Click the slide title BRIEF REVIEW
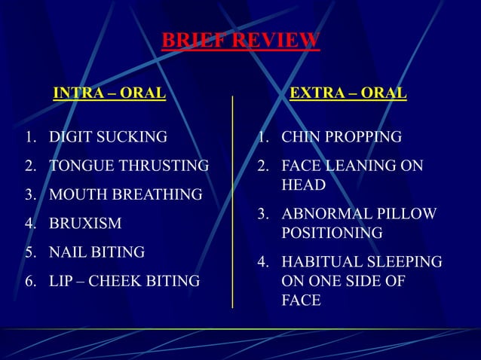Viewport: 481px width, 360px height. pyautogui.click(x=240, y=41)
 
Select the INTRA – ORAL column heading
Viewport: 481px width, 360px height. pyautogui.click(x=109, y=93)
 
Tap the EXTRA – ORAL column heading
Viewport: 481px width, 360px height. pyautogui.click(x=348, y=93)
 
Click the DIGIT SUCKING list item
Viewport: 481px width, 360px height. pyautogui.click(x=108, y=137)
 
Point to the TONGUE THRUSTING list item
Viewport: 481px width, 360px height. pyautogui.click(x=129, y=166)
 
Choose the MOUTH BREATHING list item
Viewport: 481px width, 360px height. pyautogui.click(x=125, y=195)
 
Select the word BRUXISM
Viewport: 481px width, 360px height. pyautogui.click(x=85, y=224)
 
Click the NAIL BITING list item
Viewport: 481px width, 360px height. pyautogui.click(x=97, y=252)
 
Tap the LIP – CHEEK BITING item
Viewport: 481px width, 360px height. pyautogui.click(x=124, y=282)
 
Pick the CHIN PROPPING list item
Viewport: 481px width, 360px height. pyautogui.click(x=341, y=137)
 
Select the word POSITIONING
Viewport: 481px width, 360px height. pyautogui.click(x=332, y=233)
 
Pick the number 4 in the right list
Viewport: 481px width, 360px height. pyautogui.click(x=262, y=262)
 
